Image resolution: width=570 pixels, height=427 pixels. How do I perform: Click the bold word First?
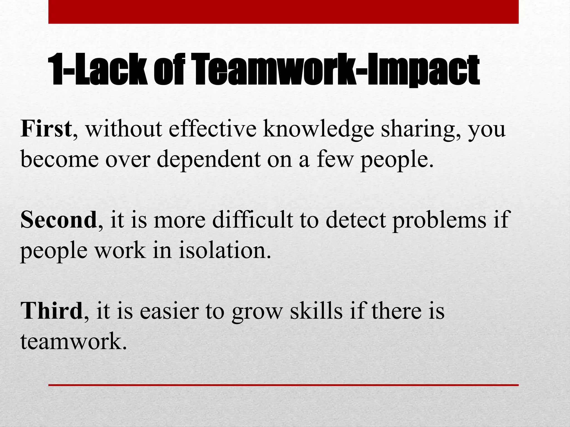pos(46,129)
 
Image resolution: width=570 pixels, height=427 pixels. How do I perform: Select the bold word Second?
pos(58,220)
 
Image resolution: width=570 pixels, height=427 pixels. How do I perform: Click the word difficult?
pos(252,220)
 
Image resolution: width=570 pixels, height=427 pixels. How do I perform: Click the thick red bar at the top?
pos(283,12)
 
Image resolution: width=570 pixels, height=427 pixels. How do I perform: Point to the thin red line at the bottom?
pos(283,385)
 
